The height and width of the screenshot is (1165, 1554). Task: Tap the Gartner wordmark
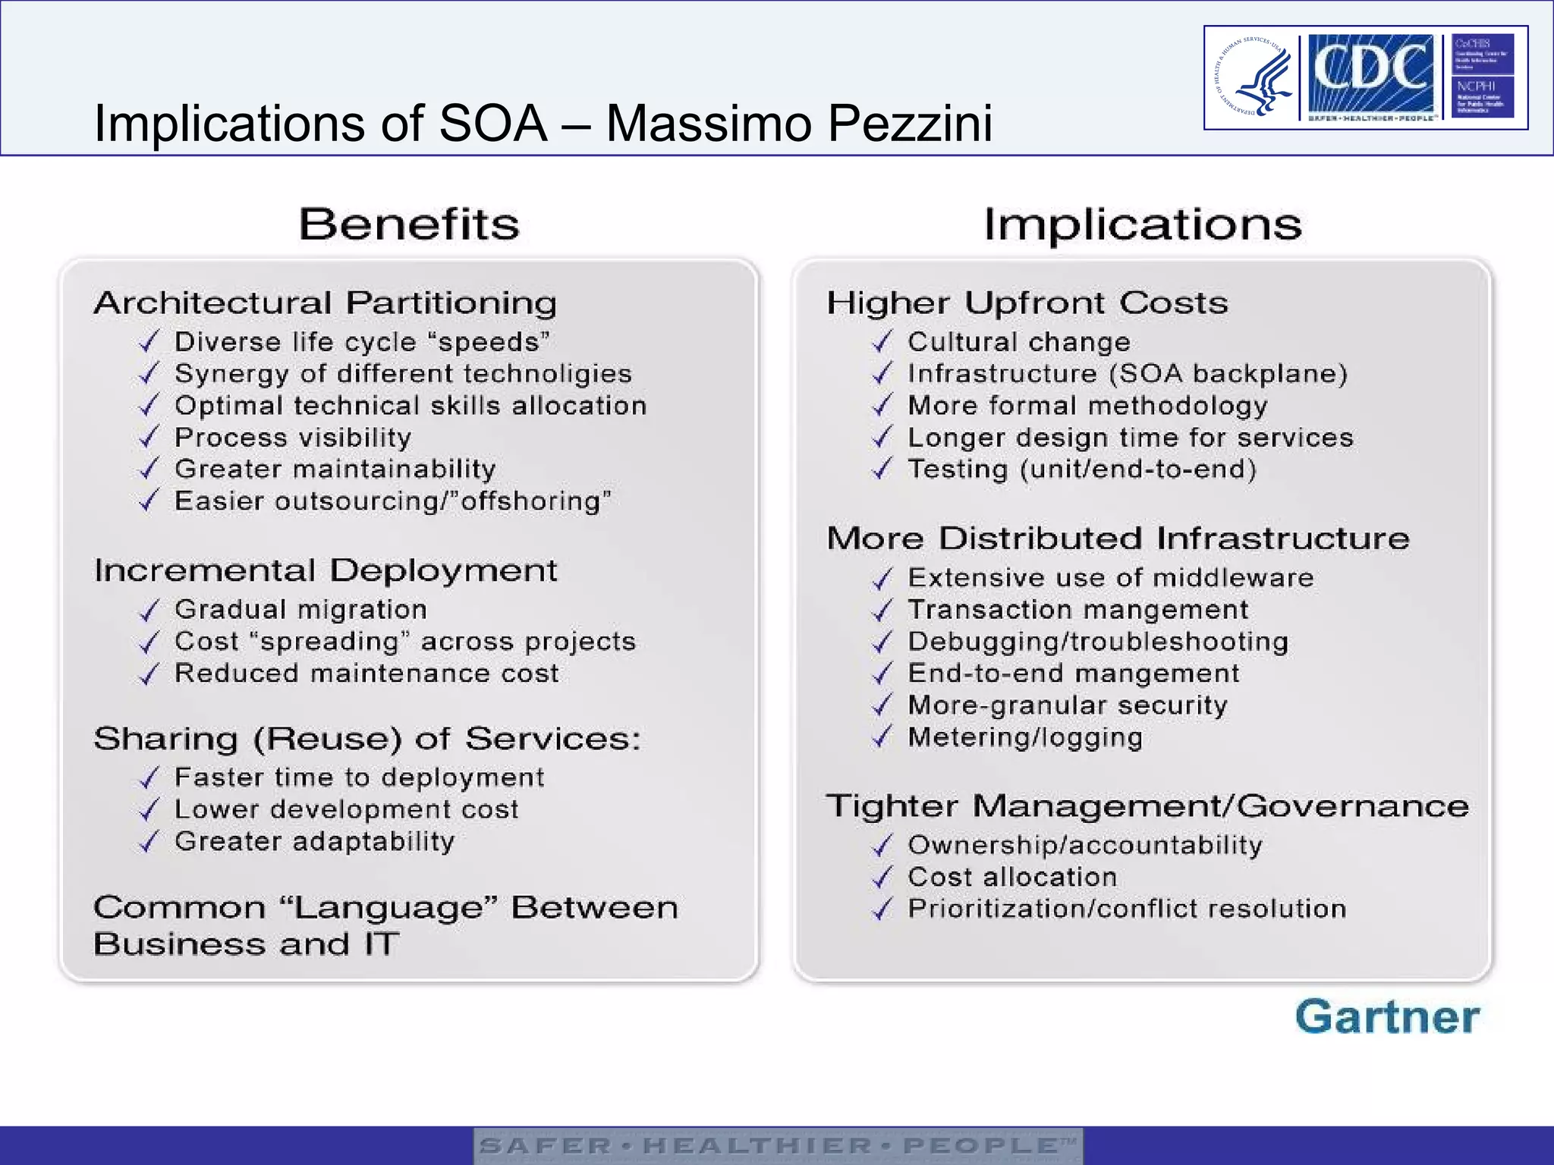1387,1017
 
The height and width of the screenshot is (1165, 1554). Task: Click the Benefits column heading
409,225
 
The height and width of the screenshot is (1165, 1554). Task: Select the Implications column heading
1143,225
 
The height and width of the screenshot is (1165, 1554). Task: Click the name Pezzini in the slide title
910,123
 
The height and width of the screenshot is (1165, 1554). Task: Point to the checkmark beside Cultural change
882,342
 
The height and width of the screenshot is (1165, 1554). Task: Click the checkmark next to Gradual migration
149,610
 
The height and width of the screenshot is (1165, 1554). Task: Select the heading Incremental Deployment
326,570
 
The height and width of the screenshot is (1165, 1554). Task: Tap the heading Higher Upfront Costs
1027,303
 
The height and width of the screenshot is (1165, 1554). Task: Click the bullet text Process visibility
293,438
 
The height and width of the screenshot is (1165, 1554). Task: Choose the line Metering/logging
1025,737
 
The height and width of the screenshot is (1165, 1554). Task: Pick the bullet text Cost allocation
1012,877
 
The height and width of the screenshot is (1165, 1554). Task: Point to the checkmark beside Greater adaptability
149,842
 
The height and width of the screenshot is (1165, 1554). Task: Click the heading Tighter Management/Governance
1147,806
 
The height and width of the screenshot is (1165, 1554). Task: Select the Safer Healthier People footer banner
778,1145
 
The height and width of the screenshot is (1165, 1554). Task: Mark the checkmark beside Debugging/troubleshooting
882,642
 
